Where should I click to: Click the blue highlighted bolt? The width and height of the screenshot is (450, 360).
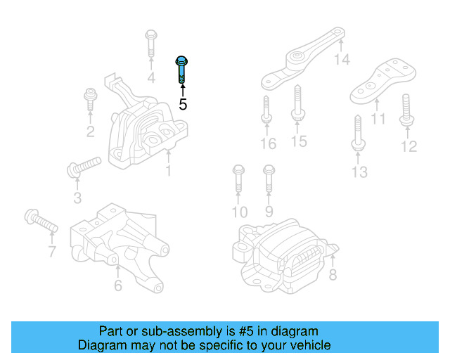(181, 70)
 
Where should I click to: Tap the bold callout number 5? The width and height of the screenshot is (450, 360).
(183, 105)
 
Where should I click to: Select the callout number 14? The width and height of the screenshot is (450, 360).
(342, 60)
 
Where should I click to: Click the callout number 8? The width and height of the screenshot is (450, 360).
(333, 275)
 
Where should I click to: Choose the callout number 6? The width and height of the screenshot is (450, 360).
(117, 285)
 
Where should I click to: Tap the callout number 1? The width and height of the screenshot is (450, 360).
(168, 171)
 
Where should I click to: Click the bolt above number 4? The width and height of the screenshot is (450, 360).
(151, 44)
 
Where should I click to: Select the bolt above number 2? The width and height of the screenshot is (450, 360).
(90, 99)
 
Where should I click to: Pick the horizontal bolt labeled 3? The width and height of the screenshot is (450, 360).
(84, 167)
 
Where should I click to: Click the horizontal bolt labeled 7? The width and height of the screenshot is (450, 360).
(40, 221)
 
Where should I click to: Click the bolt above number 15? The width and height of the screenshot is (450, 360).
(297, 103)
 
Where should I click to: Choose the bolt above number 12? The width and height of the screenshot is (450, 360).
(407, 110)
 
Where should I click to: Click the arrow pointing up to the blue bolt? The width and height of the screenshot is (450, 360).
(182, 90)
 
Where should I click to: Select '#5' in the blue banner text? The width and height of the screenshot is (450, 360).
(242, 331)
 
